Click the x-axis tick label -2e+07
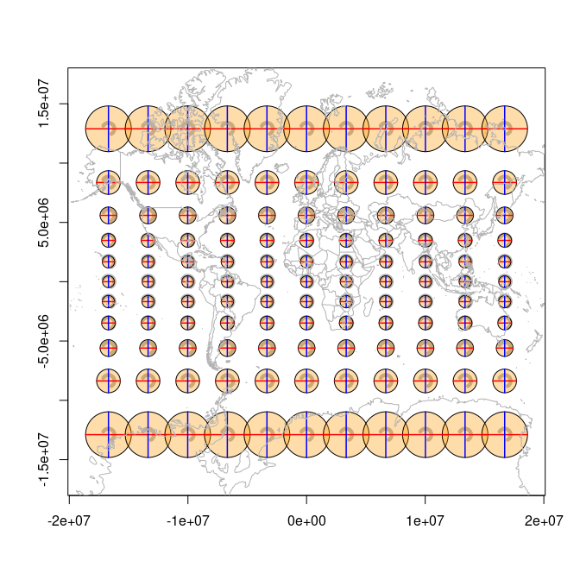pyautogui.click(x=69, y=521)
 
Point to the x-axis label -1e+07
pyautogui.click(x=188, y=521)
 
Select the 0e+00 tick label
pyautogui.click(x=306, y=521)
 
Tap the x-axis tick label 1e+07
pyautogui.click(x=425, y=521)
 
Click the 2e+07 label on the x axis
pyautogui.click(x=543, y=521)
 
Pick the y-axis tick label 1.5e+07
pyautogui.click(x=44, y=104)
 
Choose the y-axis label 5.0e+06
pyautogui.click(x=44, y=223)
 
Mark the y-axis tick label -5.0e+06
pyautogui.click(x=44, y=341)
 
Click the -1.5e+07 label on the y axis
pyautogui.click(x=44, y=459)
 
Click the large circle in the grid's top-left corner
pyautogui.click(x=108, y=129)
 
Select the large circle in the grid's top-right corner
pyautogui.click(x=505, y=129)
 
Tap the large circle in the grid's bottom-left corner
pyautogui.click(x=108, y=435)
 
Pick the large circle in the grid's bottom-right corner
pyautogui.click(x=505, y=435)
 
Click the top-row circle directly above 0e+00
pyautogui.click(x=306, y=129)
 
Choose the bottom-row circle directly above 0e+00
pyautogui.click(x=306, y=435)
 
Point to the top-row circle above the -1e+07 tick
pyautogui.click(x=187, y=129)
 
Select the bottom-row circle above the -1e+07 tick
pyautogui.click(x=187, y=435)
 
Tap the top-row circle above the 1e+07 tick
pyautogui.click(x=426, y=129)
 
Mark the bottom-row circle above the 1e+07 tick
pyautogui.click(x=426, y=435)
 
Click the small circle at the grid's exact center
pyautogui.click(x=306, y=281)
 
